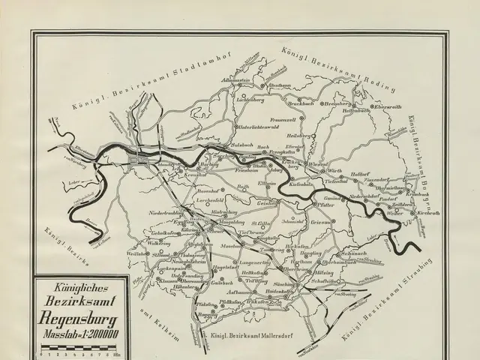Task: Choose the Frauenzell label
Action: [287, 120]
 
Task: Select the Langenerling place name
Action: [255, 263]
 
